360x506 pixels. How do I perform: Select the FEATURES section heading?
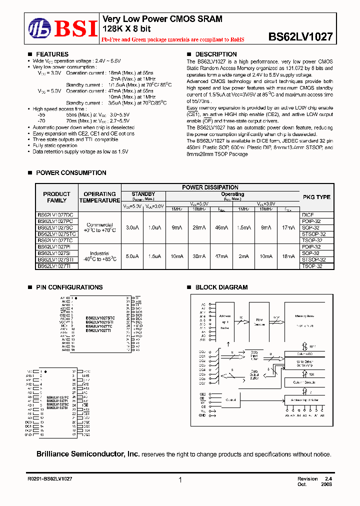[x=52, y=54]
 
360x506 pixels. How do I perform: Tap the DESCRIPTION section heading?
[x=215, y=54]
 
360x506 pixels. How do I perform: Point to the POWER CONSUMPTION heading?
[x=71, y=172]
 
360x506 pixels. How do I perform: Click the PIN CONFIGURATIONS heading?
[x=69, y=287]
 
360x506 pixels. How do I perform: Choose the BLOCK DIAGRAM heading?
[x=221, y=287]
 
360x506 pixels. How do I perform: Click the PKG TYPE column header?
[x=316, y=197]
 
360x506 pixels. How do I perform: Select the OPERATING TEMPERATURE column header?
[x=99, y=197]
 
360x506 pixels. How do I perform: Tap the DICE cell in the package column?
[x=308, y=214]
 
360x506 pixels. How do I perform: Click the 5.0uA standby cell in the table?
[x=132, y=256]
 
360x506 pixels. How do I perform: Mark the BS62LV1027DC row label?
[x=55, y=214]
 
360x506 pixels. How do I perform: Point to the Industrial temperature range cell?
[x=99, y=256]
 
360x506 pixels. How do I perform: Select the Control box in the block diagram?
[x=230, y=400]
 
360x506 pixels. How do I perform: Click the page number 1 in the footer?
[x=179, y=480]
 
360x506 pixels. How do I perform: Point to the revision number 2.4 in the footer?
[x=328, y=478]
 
